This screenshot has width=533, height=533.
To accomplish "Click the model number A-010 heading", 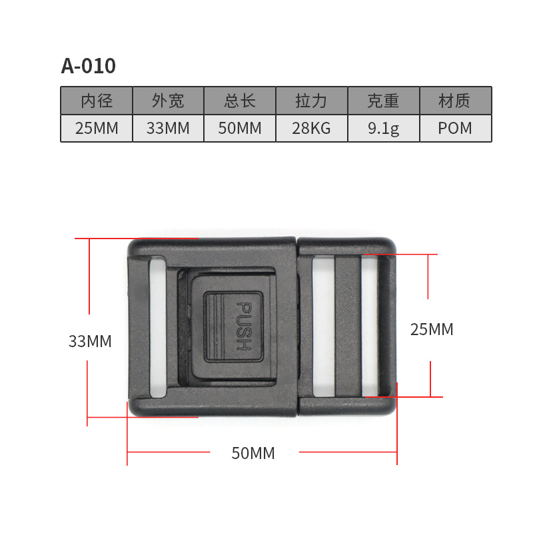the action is pos(89,65).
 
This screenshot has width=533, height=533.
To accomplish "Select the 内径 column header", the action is pos(97,101).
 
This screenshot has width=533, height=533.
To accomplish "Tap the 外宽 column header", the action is pos(168,101).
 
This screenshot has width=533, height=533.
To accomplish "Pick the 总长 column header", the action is pos(240,101).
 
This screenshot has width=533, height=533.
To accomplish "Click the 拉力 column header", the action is pos(311,101).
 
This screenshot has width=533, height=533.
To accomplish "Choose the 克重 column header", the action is pos(383,101).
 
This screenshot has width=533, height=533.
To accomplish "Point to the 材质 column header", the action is pos(455,101).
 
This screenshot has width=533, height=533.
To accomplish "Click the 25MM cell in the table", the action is pos(97,129).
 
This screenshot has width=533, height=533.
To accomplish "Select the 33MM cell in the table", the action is pos(168,129).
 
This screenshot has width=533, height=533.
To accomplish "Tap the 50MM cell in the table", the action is pos(240,129).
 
